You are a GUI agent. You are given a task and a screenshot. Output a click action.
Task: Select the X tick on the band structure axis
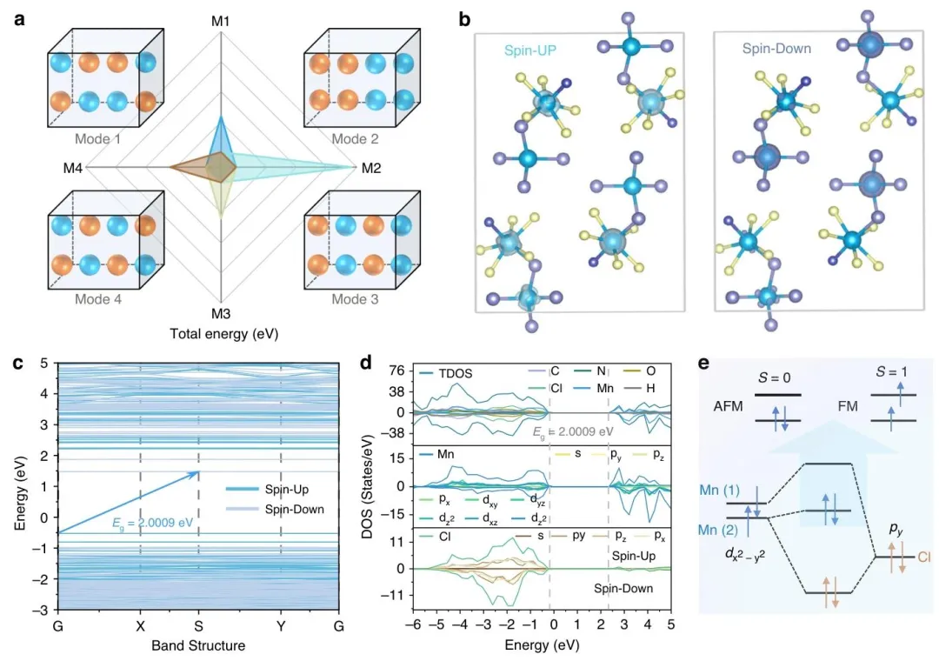point(139,624)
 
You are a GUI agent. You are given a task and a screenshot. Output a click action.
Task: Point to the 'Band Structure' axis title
point(198,645)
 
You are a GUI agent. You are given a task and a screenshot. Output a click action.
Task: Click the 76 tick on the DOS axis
point(397,370)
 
